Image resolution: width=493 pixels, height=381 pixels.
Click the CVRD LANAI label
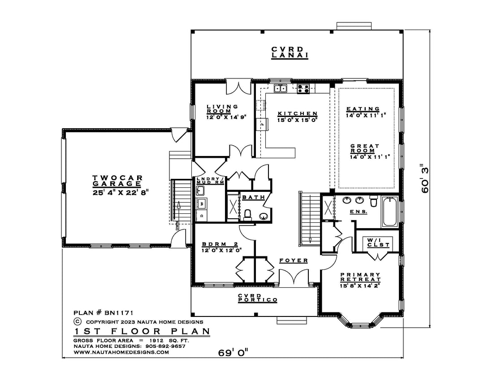290,52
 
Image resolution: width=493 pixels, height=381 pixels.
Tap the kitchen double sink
280,88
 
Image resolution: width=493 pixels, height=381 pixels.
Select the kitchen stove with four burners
303,89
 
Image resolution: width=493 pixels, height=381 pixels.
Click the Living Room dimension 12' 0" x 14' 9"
226,117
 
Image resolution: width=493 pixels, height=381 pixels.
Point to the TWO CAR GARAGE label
117,181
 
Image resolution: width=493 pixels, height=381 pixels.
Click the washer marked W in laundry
202,203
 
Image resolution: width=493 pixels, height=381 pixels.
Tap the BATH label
253,197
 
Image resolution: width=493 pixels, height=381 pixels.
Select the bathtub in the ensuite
390,211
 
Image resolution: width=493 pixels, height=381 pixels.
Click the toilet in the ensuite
373,201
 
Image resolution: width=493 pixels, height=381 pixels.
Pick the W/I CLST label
378,242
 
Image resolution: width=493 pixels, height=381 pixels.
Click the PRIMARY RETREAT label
360,277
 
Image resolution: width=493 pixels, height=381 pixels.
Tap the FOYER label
294,260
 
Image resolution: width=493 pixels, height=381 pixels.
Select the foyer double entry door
294,277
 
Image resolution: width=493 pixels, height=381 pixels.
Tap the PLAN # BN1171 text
104,313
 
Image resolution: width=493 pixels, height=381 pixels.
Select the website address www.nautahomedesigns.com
121,352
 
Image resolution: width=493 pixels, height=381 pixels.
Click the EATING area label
363,109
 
